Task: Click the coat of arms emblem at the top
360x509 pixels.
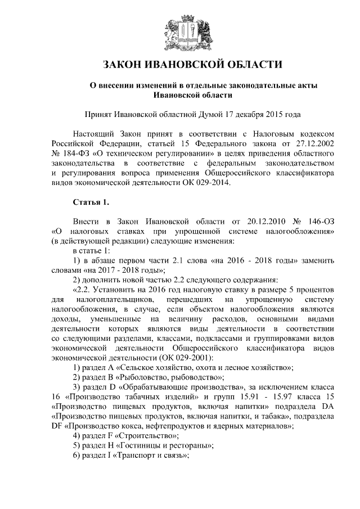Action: (180, 30)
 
